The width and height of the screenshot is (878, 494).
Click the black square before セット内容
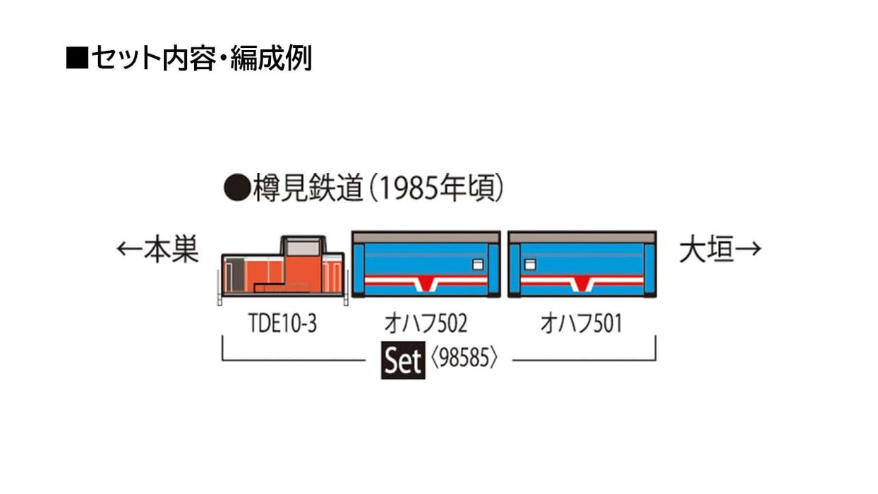point(77,58)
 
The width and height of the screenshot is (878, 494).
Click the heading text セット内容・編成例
point(202,58)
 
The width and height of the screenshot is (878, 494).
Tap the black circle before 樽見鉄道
point(237,188)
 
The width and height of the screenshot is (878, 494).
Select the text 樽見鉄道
point(308,188)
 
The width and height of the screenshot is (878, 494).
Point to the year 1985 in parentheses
point(409,188)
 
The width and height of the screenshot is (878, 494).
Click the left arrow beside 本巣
point(129,248)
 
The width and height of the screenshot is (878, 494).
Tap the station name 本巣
point(172,249)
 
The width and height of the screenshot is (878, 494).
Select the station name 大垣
point(706,250)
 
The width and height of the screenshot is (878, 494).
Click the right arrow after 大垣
point(748,249)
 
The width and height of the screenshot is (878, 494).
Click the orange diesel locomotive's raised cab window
point(303,249)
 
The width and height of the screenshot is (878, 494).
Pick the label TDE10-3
point(282,324)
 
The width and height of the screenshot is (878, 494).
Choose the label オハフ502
point(426,324)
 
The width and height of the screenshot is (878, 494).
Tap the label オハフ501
point(582,324)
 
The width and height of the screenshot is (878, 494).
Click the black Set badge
point(403,360)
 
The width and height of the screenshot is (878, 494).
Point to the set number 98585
point(464,358)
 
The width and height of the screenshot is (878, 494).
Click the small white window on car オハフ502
point(478,265)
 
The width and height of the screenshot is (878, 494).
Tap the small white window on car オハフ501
point(530,265)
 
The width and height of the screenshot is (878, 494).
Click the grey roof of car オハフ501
point(582,237)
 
